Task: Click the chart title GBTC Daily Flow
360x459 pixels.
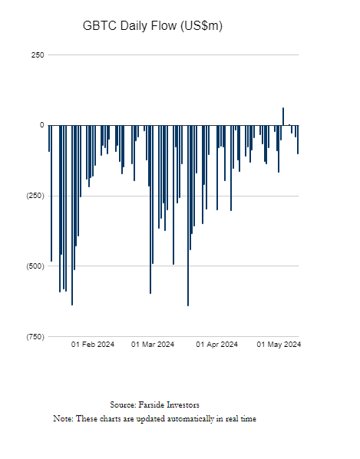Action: click(x=130, y=26)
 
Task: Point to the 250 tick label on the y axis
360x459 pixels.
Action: click(x=38, y=55)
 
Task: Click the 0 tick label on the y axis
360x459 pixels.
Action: click(x=42, y=125)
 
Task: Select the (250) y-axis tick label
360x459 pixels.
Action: click(x=36, y=196)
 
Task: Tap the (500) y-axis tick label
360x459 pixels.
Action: click(x=36, y=266)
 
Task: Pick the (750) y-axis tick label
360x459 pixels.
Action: click(x=36, y=337)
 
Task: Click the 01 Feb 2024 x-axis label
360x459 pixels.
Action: click(x=92, y=344)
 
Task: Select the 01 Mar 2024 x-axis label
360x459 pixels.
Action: click(x=153, y=344)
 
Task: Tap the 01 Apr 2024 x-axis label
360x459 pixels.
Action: click(x=217, y=344)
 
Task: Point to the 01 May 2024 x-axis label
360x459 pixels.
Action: click(x=279, y=344)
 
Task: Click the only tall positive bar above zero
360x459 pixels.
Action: click(x=283, y=117)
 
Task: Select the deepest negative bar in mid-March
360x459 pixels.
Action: click(x=188, y=216)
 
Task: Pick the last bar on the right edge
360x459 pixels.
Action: click(x=298, y=140)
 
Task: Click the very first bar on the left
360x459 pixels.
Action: click(x=49, y=138)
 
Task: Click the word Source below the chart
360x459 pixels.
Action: click(x=123, y=405)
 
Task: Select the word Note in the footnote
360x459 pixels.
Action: click(x=63, y=418)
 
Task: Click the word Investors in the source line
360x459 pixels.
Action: click(x=183, y=405)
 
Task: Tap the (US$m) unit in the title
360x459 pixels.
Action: click(x=201, y=26)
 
